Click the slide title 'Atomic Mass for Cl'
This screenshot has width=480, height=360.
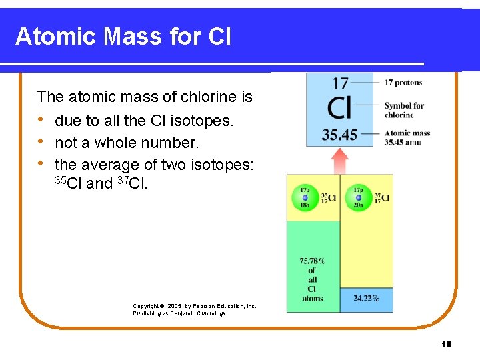[x=123, y=37]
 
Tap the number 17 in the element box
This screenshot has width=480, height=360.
[x=340, y=83]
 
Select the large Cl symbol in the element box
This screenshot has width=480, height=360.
[x=340, y=107]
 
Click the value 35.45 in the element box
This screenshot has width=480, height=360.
[x=340, y=135]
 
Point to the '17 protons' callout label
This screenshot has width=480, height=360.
[x=403, y=83]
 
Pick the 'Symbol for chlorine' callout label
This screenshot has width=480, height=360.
[x=404, y=110]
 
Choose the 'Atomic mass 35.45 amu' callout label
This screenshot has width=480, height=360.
[x=407, y=137]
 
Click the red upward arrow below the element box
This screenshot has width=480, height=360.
[x=340, y=161]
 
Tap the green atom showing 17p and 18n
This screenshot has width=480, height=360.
[x=305, y=197]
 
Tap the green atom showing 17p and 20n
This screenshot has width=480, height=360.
[x=359, y=197]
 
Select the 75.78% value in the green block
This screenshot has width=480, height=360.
[x=313, y=261]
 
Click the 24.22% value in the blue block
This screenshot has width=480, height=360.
[x=366, y=298]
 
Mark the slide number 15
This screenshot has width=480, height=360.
[x=446, y=344]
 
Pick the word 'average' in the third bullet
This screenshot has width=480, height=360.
[x=109, y=164]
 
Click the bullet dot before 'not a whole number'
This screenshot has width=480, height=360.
[x=41, y=143]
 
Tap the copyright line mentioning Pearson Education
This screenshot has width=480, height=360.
[x=194, y=306]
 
